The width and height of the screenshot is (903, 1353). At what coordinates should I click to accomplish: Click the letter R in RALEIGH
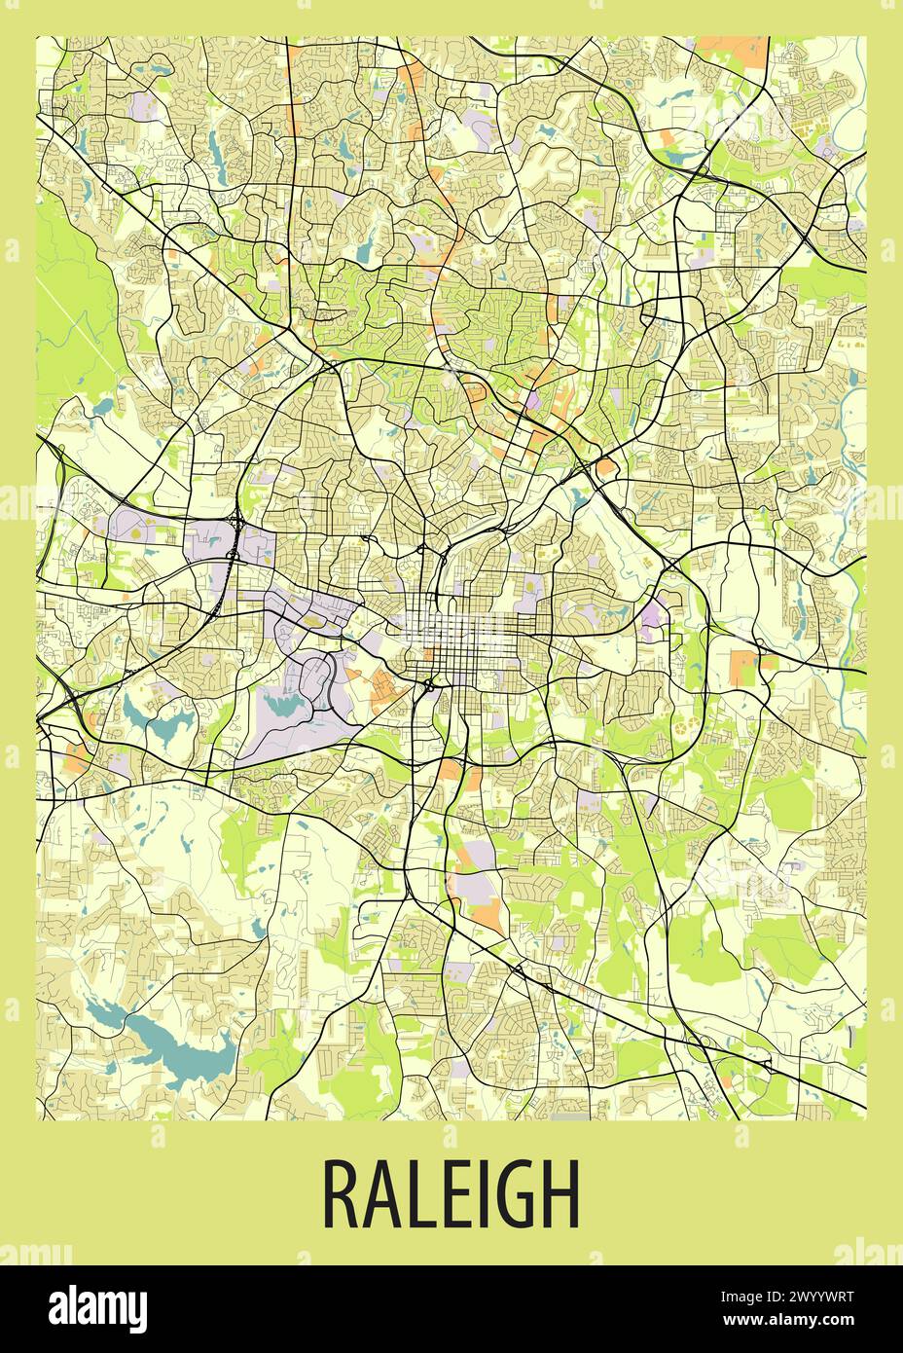[340, 1193]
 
